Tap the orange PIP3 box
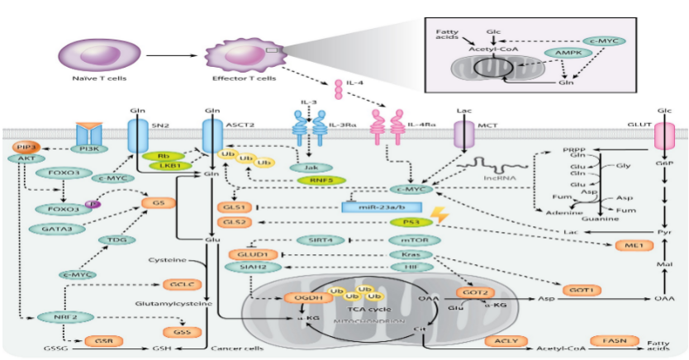click(x=25, y=146)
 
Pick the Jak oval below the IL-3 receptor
click(x=306, y=167)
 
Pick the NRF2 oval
click(x=51, y=315)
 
